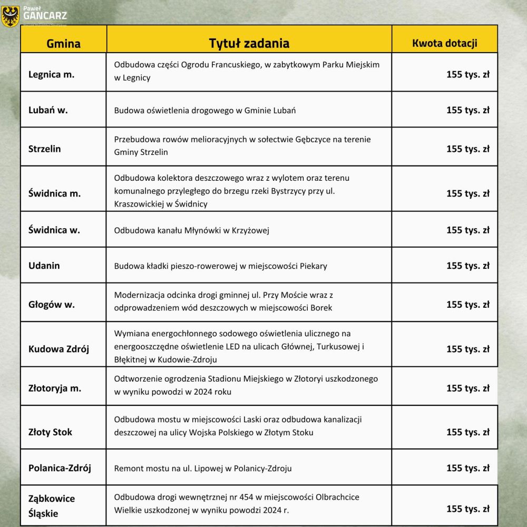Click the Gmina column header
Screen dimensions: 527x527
63,43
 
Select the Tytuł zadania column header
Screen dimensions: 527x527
249,43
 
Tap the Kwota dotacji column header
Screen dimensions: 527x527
444,43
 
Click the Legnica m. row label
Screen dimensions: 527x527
51,74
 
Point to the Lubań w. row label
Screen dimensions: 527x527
48,110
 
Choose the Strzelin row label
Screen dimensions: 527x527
44,149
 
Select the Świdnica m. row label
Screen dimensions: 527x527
54,193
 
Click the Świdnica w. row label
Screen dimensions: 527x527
54,230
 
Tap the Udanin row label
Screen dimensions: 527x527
44,266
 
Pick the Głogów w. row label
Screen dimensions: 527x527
51,305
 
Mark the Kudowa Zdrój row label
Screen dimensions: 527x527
58,349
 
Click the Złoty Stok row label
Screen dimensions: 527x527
50,432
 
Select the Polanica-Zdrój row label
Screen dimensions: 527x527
60,468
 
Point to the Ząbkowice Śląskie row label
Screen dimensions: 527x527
51,505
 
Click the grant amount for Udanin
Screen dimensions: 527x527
467,266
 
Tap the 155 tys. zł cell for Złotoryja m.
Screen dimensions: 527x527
467,388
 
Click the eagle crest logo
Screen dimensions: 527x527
11,16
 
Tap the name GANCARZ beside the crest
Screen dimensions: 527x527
45,15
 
